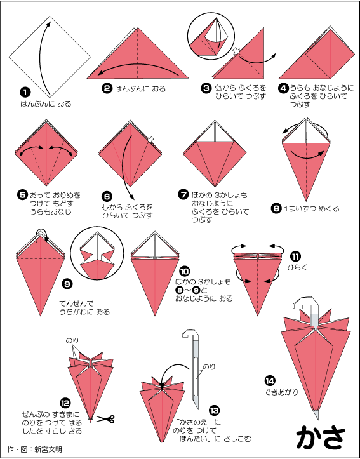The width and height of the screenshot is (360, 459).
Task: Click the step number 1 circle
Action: pyautogui.click(x=25, y=93)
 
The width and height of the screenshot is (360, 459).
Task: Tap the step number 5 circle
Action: pyautogui.click(x=23, y=196)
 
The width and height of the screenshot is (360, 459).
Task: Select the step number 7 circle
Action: pyautogui.click(x=183, y=195)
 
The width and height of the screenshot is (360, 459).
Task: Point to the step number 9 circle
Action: pyautogui.click(x=67, y=283)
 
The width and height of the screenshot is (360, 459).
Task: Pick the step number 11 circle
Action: pyautogui.click(x=295, y=256)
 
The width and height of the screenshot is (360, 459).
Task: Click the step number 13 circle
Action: pyautogui.click(x=215, y=410)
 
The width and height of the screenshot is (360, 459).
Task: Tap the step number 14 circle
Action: pyautogui.click(x=270, y=381)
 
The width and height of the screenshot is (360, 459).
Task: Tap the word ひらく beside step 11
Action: pyautogui.click(x=297, y=267)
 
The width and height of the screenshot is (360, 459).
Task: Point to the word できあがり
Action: pyautogui.click(x=281, y=392)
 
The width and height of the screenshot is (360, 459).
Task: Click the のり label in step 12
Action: pyautogui.click(x=72, y=340)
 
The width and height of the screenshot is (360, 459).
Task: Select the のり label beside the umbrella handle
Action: pyautogui.click(x=209, y=366)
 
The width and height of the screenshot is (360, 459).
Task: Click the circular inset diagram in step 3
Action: pyautogui.click(x=211, y=36)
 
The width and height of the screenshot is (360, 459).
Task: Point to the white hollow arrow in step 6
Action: pyautogui.click(x=150, y=140)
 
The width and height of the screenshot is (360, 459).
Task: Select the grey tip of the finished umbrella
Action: pyautogui.click(x=316, y=414)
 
